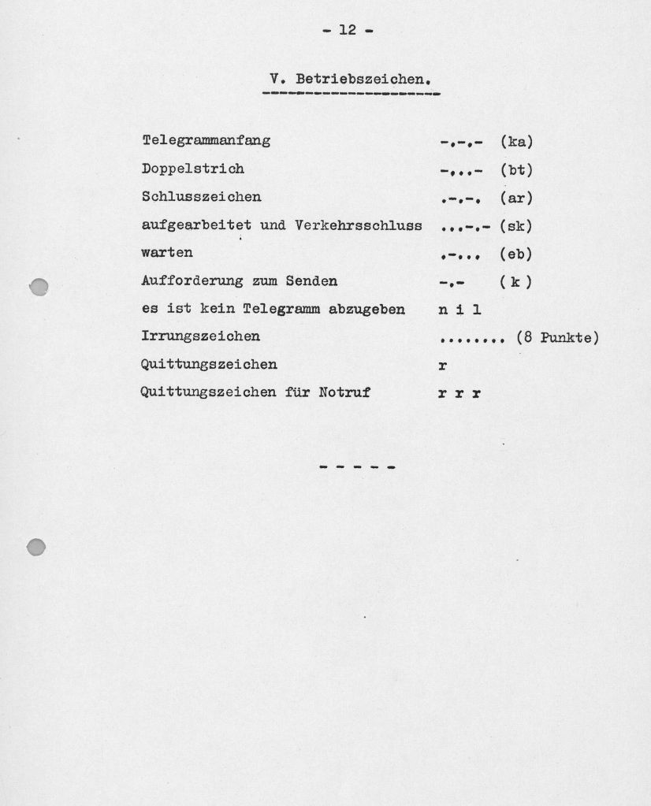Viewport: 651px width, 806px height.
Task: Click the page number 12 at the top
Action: [347, 30]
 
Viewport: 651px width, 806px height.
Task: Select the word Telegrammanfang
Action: [206, 141]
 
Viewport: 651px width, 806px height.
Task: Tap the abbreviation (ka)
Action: [516, 142]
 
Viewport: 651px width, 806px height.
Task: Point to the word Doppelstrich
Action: [192, 169]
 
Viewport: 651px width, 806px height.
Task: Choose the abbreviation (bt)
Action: [516, 169]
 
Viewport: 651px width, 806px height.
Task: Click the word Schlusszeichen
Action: [201, 197]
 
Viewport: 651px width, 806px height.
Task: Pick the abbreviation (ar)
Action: [516, 198]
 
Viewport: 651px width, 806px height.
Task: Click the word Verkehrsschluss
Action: [359, 225]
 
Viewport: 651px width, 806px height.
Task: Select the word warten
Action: [166, 253]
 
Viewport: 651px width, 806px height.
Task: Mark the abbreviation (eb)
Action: [516, 254]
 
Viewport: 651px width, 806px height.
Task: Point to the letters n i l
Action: [459, 310]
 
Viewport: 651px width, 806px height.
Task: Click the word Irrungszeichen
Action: [200, 336]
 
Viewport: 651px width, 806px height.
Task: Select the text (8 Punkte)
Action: [557, 338]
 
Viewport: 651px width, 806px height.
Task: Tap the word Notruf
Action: [344, 392]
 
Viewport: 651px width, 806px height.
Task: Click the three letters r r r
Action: [459, 393]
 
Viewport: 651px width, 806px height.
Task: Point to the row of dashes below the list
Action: [357, 467]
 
